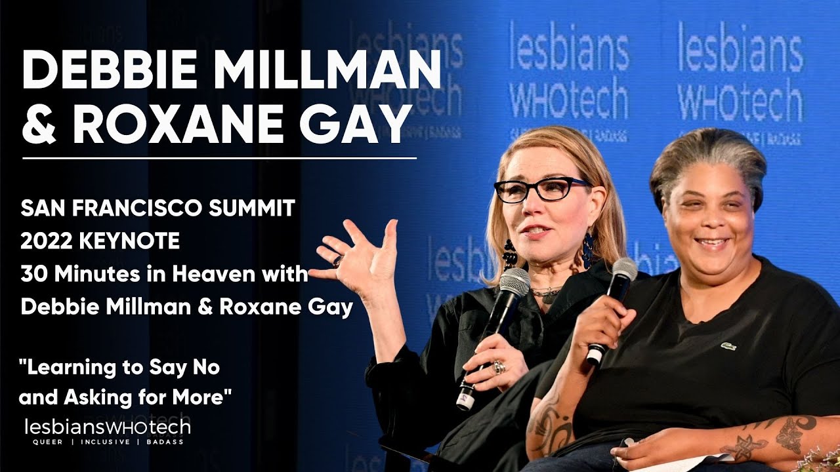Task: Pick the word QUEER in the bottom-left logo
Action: [x=47, y=442]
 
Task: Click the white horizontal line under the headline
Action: [x=219, y=158]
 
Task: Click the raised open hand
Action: [x=358, y=252]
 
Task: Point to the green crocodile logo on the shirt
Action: [x=728, y=345]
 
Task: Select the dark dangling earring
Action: [x=509, y=252]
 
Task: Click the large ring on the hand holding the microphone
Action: [x=499, y=366]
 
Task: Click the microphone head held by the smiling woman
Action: [x=623, y=270]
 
